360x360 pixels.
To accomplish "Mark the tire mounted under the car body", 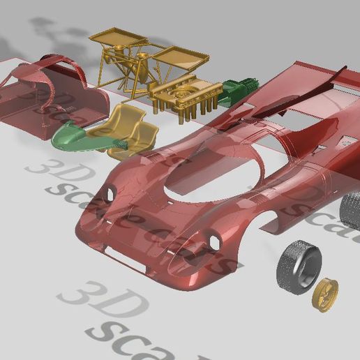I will coord(351,209).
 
